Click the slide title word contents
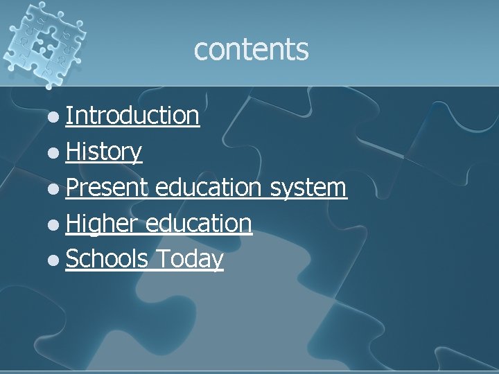251,49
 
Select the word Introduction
133,116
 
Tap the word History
104,152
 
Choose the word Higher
104,224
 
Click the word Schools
107,259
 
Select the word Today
189,259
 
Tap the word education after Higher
198,224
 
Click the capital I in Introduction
69,116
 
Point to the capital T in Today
161,259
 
